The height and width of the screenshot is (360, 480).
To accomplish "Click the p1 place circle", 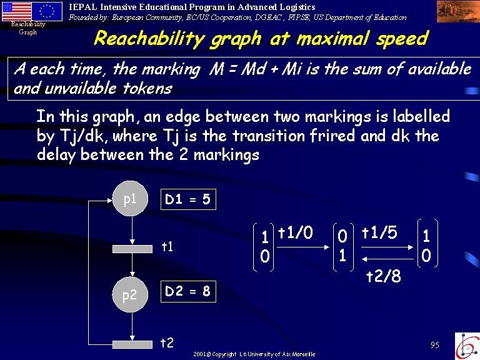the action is [x=130, y=198].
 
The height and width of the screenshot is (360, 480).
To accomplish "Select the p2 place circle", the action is [x=130, y=294].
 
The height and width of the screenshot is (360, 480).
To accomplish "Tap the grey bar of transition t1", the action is [x=132, y=249].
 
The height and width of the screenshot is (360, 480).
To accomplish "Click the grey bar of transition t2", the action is [x=132, y=344].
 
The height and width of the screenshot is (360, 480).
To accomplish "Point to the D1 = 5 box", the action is [x=188, y=199].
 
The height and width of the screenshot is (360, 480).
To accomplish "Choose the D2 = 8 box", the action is [x=188, y=291].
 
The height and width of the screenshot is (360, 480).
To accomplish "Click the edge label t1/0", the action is [x=296, y=232].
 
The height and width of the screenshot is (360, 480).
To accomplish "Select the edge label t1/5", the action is [x=379, y=232].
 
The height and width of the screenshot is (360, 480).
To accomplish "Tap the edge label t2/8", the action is [x=384, y=276].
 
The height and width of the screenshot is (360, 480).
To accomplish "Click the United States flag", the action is [x=16, y=12].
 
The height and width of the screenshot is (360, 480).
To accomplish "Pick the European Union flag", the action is [x=47, y=12].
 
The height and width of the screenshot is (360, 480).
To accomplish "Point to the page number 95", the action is [x=435, y=345].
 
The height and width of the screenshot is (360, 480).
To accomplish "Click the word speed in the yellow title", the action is [x=402, y=39].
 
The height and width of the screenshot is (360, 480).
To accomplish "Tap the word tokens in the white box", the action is [x=147, y=89].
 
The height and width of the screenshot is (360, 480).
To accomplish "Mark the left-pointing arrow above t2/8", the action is [x=387, y=259].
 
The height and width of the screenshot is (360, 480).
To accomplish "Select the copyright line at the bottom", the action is [x=254, y=354].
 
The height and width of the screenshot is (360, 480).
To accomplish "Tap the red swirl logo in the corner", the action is [x=467, y=346].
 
